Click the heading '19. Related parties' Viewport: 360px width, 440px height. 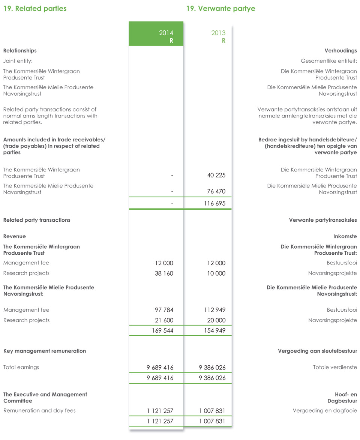tap(35, 9)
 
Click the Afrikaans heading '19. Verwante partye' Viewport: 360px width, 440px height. tap(220, 9)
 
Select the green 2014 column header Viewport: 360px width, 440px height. tap(156, 34)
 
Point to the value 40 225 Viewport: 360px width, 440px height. tap(216, 176)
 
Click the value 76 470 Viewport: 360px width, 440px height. tap(216, 192)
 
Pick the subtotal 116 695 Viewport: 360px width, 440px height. tap(215, 204)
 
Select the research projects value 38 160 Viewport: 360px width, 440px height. tap(164, 273)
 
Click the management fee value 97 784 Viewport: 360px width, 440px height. tap(164, 310)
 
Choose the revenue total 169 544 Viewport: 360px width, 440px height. tap(162, 331)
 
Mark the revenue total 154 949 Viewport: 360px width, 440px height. tap(215, 331)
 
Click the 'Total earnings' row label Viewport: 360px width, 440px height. tap(21, 367)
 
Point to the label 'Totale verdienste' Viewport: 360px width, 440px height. tap(335, 367)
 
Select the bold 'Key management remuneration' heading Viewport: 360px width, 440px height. tap(45, 351)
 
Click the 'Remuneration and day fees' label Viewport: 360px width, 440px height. tap(39, 411)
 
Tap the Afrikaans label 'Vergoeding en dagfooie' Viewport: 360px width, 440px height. tap(325, 411)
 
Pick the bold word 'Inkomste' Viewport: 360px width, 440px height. tap(345, 237)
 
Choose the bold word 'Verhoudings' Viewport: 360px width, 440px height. tap(340, 51)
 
